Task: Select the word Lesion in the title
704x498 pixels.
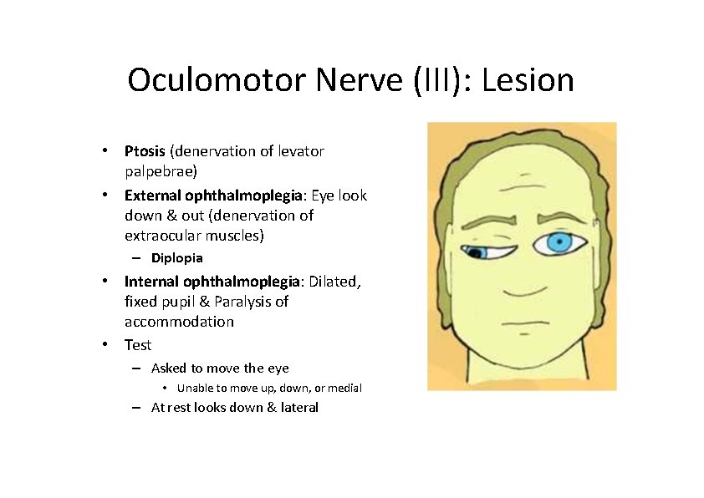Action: [528, 81]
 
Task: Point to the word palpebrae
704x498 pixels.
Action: [161, 172]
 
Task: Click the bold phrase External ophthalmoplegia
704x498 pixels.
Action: [213, 195]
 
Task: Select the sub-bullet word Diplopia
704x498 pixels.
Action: [176, 257]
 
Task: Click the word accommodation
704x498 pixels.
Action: [179, 322]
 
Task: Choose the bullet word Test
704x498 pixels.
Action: [138, 345]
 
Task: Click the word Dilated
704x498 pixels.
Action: [335, 281]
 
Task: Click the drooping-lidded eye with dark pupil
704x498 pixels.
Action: [479, 252]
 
